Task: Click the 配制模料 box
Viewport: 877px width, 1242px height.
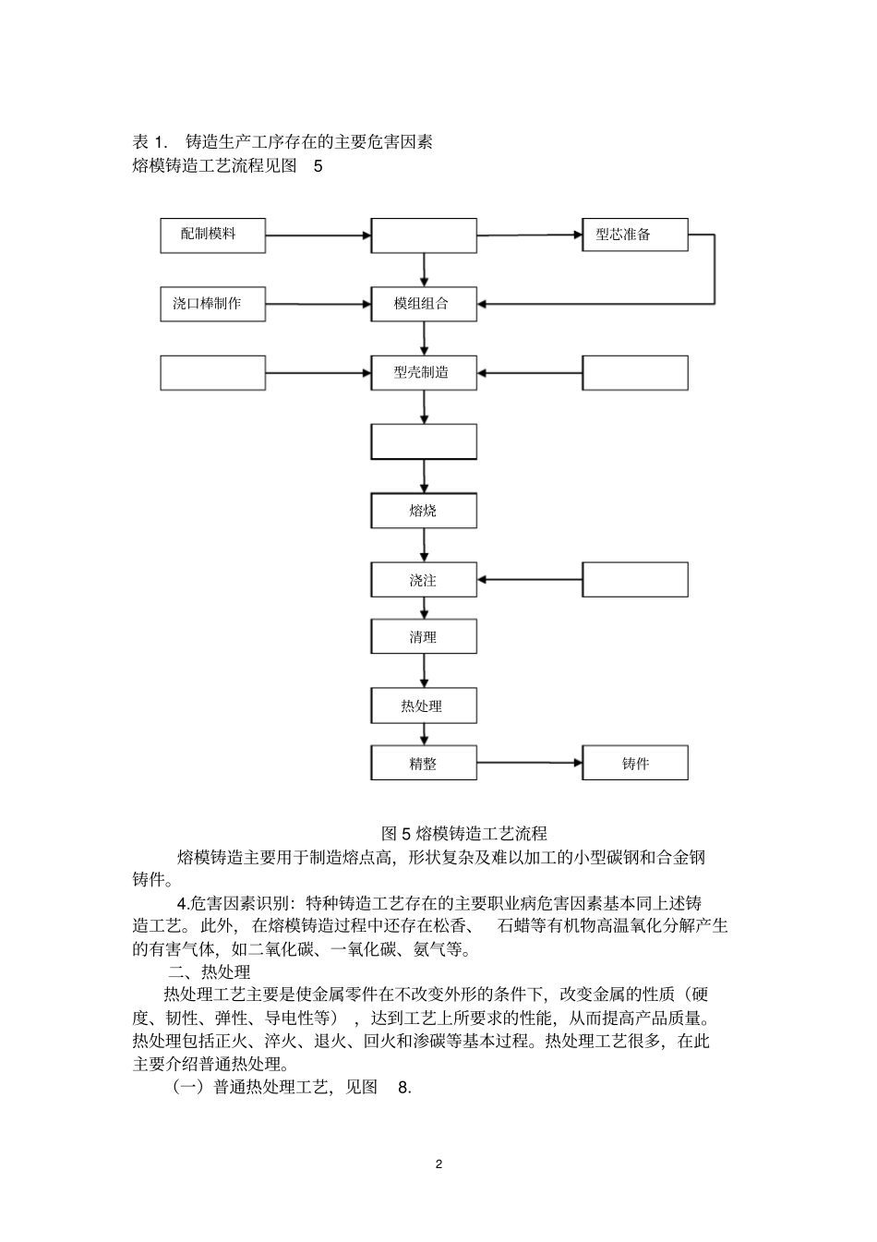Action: (212, 235)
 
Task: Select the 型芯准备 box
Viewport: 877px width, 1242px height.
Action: (634, 235)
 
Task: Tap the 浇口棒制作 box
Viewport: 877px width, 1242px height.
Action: (212, 304)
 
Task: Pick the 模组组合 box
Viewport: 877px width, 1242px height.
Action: (424, 304)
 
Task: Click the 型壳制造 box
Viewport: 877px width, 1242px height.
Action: (424, 373)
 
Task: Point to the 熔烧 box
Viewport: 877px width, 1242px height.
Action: (424, 511)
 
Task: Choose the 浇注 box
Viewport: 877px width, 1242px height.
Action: (424, 580)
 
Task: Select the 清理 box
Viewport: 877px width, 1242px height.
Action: (424, 637)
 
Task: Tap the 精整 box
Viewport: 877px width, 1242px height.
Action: (424, 764)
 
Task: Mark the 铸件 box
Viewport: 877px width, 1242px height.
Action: (634, 764)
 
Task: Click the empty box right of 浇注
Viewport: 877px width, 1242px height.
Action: (634, 580)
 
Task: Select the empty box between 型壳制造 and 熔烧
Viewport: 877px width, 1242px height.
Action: (424, 442)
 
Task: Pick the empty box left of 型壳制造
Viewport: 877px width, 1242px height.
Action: (212, 373)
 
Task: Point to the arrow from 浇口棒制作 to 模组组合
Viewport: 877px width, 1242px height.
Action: (318, 304)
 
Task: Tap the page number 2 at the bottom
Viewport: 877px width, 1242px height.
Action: (438, 1164)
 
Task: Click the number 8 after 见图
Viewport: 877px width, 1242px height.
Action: (403, 1087)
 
